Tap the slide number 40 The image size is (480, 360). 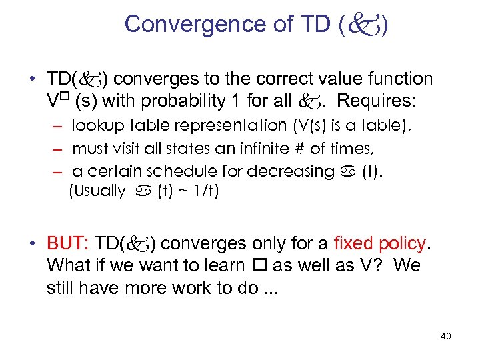(x=445, y=336)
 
